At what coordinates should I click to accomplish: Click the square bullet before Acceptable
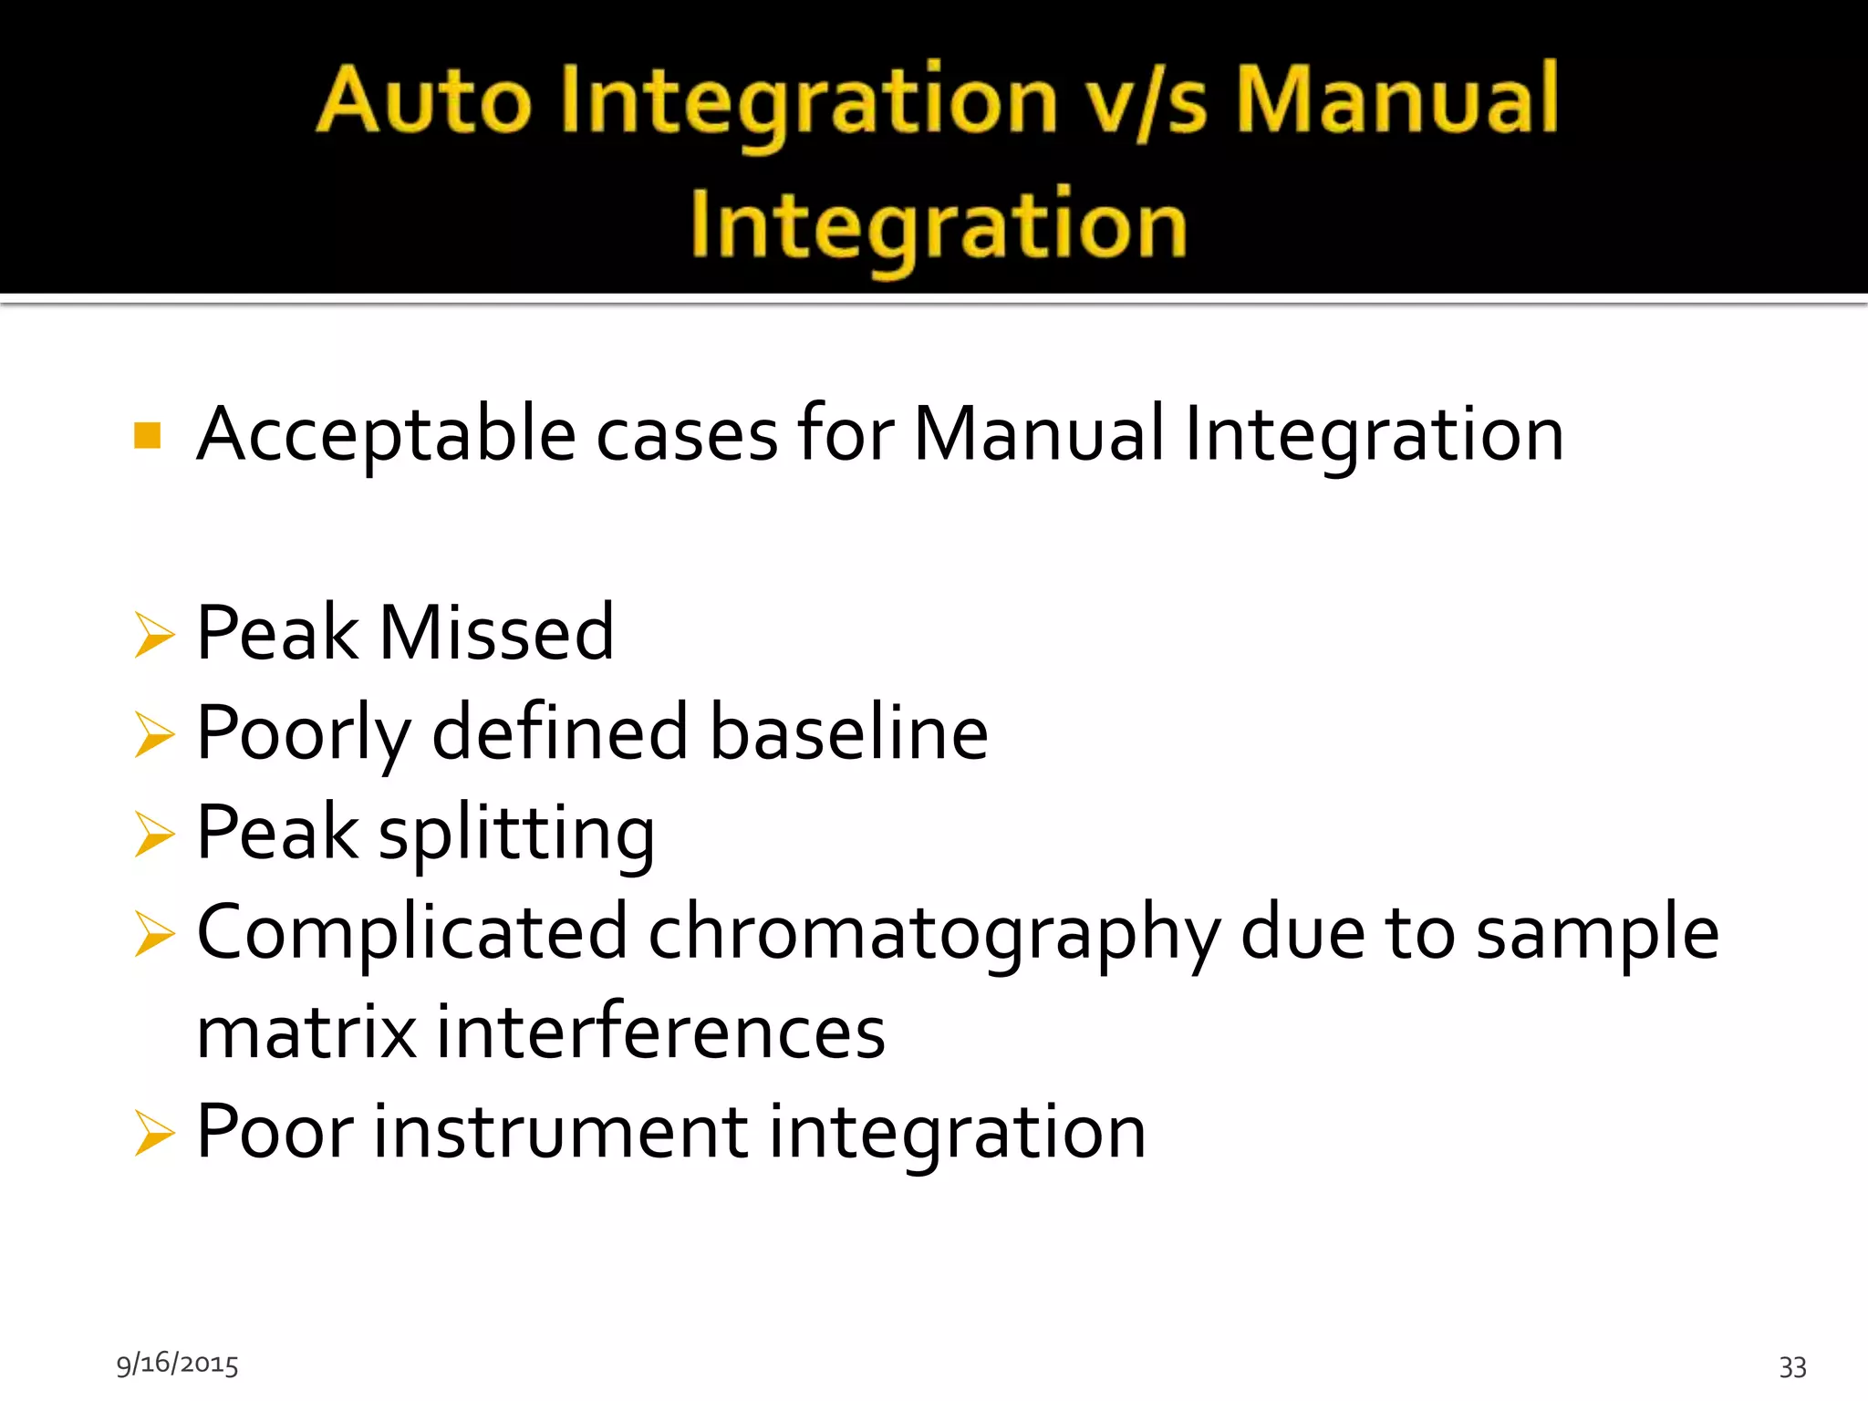click(148, 436)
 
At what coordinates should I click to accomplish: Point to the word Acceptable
click(386, 435)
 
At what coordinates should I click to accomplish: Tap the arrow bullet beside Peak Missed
click(153, 634)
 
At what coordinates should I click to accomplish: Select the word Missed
click(496, 632)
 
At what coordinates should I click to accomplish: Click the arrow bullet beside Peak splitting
click(153, 834)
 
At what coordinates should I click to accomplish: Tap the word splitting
click(516, 834)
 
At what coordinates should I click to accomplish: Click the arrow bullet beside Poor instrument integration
click(153, 1133)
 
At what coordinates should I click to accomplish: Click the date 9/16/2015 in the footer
click(177, 1364)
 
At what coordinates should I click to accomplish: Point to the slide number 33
click(1792, 1366)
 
